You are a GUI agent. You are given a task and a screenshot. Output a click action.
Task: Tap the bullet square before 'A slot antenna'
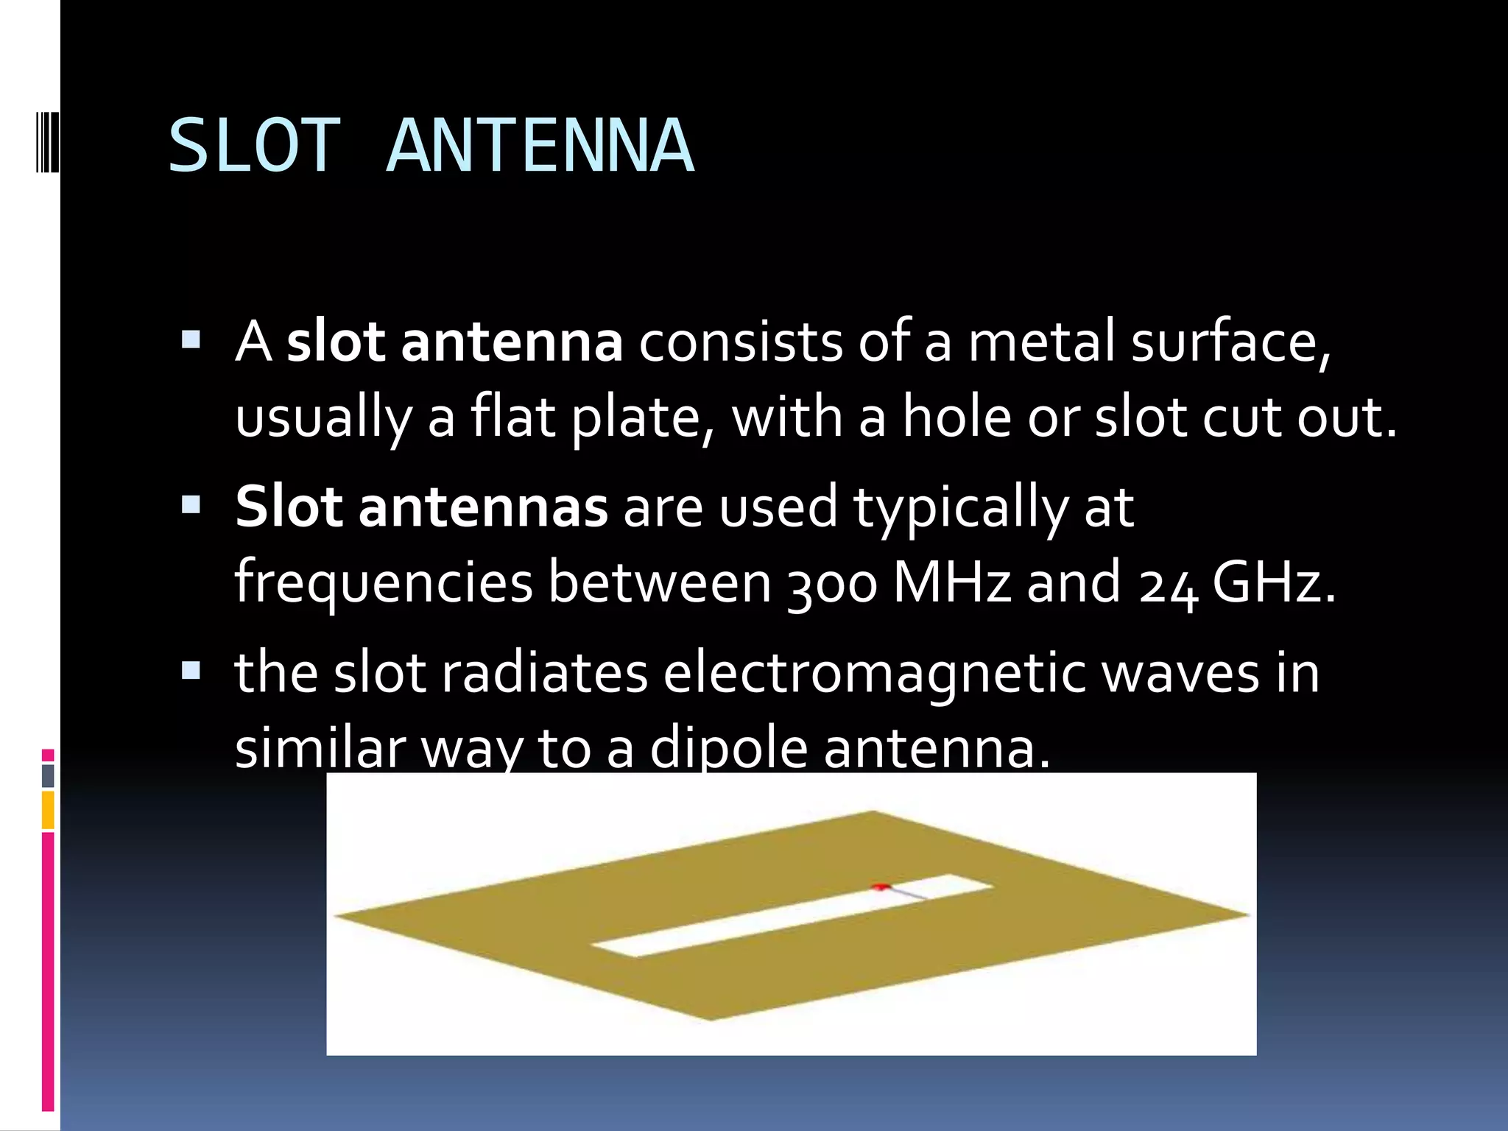click(191, 339)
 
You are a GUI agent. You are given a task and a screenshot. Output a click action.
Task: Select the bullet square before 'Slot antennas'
click(191, 504)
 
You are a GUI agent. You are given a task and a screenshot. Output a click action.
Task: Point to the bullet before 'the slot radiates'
click(191, 669)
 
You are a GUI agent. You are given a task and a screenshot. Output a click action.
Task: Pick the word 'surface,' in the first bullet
click(1230, 342)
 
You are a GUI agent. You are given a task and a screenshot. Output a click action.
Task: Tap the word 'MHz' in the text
click(952, 582)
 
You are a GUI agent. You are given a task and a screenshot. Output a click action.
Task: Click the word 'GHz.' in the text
click(1273, 582)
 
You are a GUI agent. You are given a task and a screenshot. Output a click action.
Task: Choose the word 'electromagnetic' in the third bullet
click(874, 674)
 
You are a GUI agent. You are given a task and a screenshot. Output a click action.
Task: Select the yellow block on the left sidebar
click(48, 810)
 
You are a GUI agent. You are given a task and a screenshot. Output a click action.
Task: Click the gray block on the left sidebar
click(48, 775)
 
